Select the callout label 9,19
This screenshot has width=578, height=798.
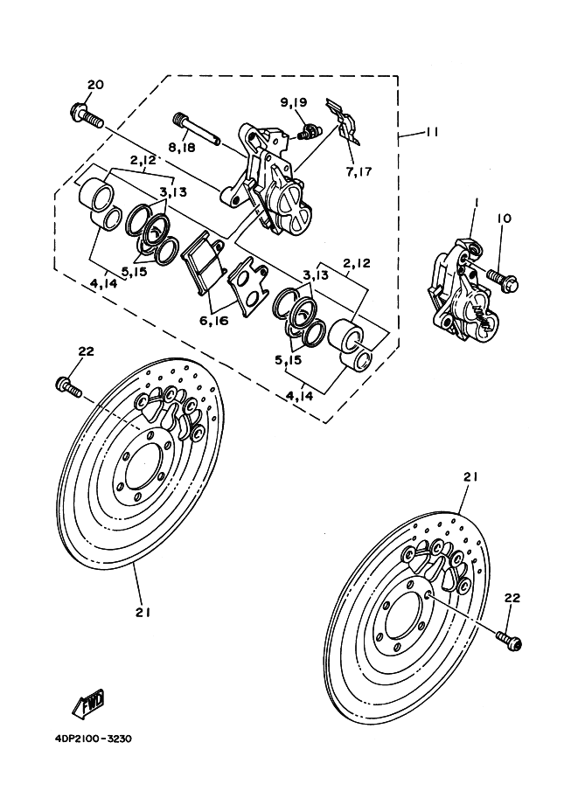tap(294, 102)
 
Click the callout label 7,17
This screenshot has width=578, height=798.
tap(359, 171)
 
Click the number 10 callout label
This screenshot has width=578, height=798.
tap(506, 219)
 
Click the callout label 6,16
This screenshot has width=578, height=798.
tap(212, 321)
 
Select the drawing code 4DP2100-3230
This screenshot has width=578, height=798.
tap(85, 739)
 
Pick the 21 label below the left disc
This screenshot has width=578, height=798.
tap(143, 613)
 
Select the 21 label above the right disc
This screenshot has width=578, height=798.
tap(471, 477)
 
